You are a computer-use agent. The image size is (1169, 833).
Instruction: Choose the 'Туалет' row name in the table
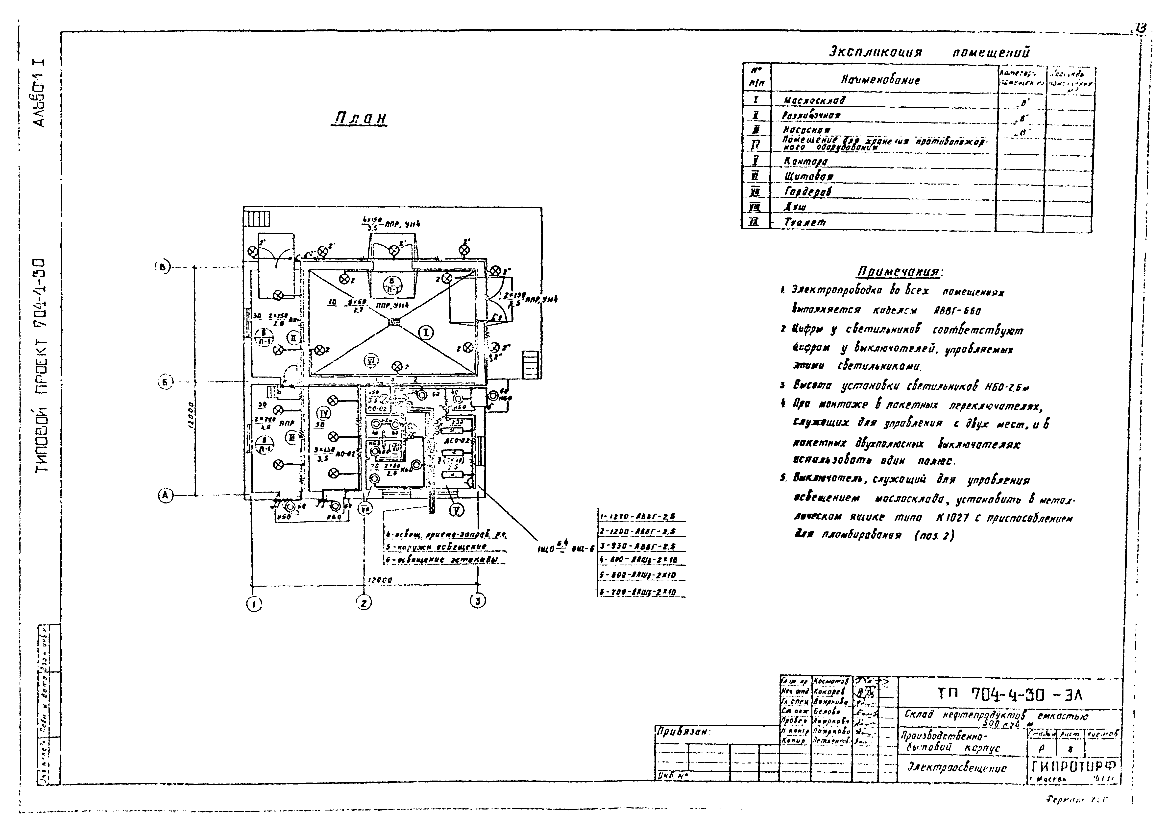(x=805, y=222)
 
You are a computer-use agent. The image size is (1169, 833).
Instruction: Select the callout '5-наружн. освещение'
(x=436, y=547)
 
